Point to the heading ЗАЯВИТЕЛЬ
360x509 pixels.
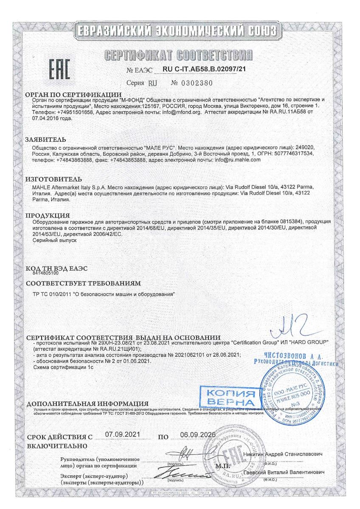[45, 137]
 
